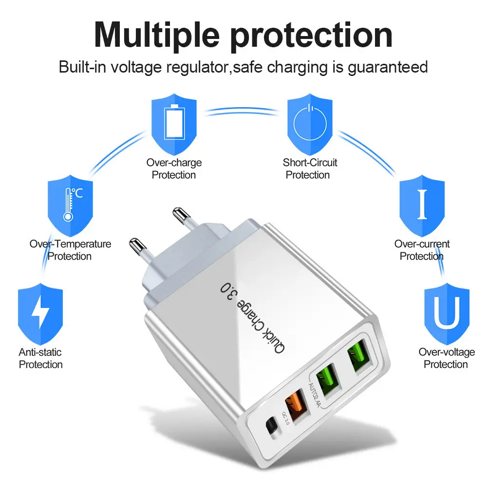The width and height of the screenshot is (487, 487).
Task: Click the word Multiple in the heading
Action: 157,35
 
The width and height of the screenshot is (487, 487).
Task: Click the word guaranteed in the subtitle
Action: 388,67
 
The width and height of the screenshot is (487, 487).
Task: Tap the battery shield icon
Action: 174,124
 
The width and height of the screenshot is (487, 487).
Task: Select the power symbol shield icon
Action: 310,124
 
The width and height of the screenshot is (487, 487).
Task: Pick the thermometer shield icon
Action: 70,206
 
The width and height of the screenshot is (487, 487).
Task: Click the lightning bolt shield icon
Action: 40,314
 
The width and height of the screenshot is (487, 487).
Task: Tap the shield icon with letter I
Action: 422,206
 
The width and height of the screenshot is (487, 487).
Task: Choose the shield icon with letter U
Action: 447,314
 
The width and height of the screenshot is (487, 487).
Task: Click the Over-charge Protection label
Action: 174,169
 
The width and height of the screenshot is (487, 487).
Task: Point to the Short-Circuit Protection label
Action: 310,169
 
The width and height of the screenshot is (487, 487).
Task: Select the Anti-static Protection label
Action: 40,358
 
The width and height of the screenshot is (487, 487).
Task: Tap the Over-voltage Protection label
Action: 447,358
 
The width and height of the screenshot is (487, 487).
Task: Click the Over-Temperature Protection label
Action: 70,250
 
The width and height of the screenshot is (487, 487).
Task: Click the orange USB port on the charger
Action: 297,405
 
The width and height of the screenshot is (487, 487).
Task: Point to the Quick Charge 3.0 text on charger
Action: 252,318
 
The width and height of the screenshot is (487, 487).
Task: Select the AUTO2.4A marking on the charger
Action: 314,395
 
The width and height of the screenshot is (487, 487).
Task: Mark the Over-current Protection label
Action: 422,250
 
